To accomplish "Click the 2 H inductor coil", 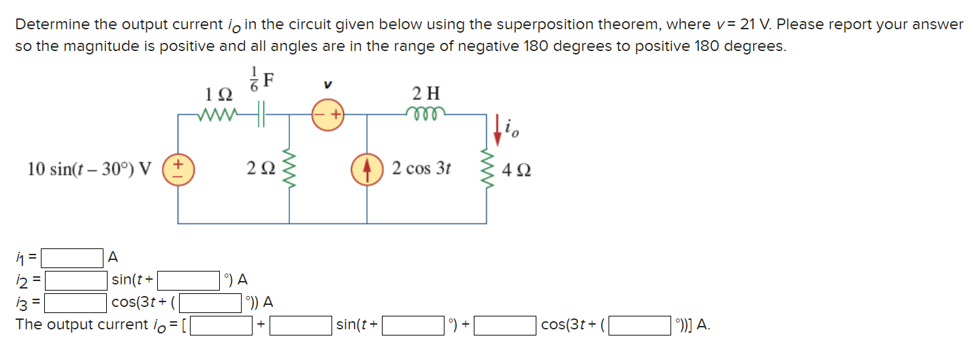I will click(426, 112).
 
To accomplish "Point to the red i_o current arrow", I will click(498, 130).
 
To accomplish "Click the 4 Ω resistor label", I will click(516, 169).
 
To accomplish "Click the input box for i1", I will click(71, 258).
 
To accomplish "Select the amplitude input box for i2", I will click(76, 280).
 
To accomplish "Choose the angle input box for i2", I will click(189, 280).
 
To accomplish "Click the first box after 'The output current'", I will click(221, 325).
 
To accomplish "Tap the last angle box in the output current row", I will click(639, 325).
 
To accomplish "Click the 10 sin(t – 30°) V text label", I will click(88, 169).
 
